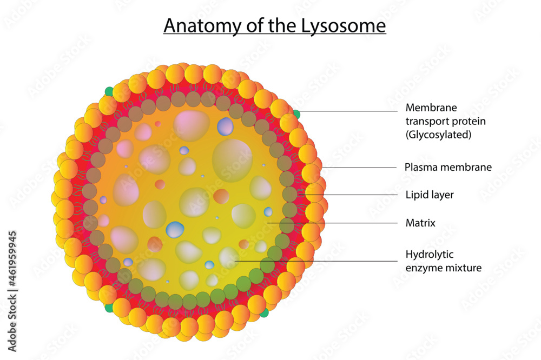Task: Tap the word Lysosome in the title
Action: (344, 26)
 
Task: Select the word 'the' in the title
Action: (283, 25)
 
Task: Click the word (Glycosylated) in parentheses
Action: (438, 135)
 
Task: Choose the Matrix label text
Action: (420, 223)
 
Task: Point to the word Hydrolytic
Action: (430, 255)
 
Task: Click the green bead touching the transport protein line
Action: (296, 114)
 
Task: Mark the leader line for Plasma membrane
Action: (359, 168)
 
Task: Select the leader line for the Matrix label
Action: (332, 223)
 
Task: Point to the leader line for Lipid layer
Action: (348, 195)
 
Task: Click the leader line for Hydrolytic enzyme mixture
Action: (316, 261)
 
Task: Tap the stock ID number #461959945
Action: (12, 258)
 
